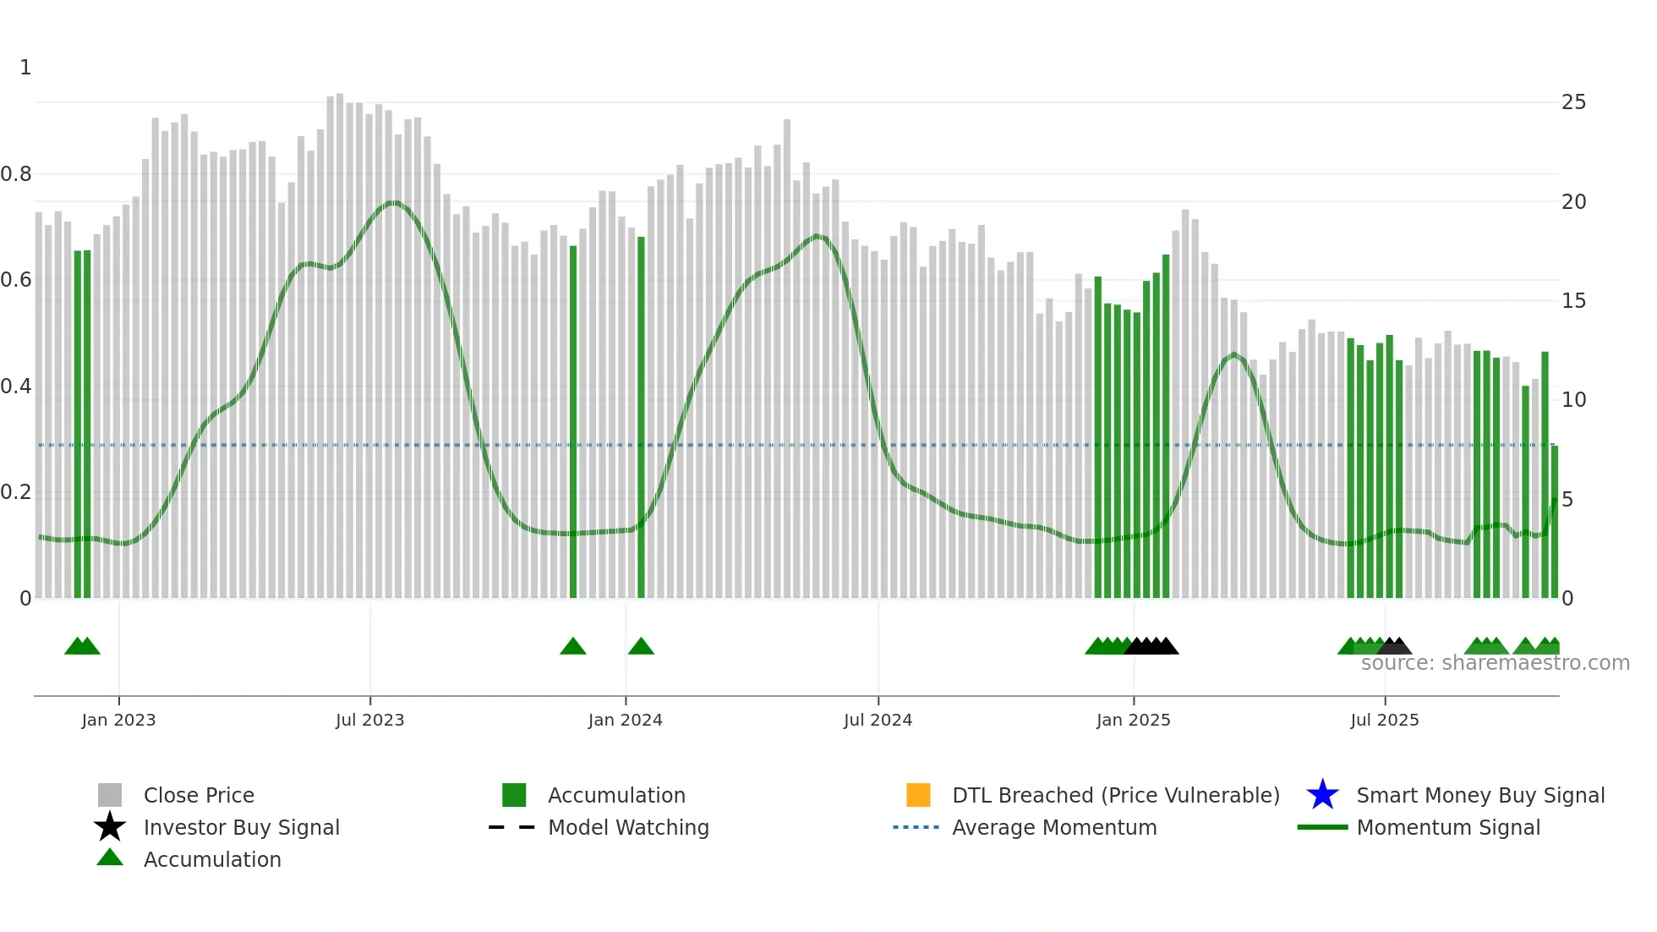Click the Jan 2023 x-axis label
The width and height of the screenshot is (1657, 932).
pos(118,720)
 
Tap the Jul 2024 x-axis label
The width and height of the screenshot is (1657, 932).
pos(878,720)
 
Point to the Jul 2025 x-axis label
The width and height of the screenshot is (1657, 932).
pos(1384,720)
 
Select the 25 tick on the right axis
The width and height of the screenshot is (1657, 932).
pos(1573,102)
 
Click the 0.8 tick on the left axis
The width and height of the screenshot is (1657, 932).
pos(16,174)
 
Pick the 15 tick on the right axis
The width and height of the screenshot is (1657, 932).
pos(1573,301)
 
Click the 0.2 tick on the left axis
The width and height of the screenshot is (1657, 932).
pos(16,492)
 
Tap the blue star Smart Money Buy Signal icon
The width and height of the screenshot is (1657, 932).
pos(1322,795)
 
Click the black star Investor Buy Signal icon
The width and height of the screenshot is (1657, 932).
pos(110,827)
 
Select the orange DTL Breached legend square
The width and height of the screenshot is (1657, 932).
pos(918,795)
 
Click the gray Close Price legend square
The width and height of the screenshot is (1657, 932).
pos(110,795)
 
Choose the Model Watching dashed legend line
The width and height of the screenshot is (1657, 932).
pos(512,827)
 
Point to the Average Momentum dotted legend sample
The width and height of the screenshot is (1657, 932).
pos(916,827)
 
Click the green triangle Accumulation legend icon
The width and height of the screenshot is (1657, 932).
pos(110,858)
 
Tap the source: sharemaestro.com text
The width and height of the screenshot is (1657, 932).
pos(1495,663)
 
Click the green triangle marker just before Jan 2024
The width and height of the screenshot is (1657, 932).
pos(573,647)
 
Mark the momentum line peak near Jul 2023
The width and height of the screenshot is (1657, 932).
pos(393,202)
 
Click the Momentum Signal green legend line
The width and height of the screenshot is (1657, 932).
pos(1322,827)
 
